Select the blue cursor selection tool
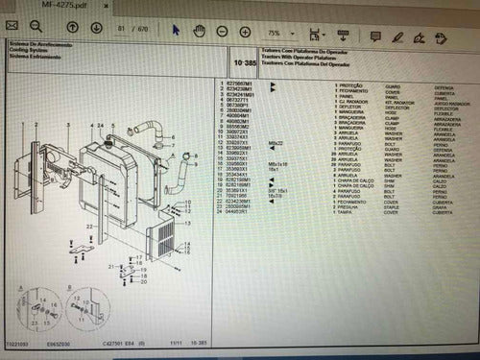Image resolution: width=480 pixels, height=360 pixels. [176, 30]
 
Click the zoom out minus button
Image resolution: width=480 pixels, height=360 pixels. [222, 30]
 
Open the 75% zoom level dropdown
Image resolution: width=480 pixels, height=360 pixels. [279, 31]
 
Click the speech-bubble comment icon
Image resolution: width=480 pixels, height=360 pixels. [372, 31]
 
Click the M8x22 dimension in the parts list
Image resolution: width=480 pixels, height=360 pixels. [276, 143]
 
